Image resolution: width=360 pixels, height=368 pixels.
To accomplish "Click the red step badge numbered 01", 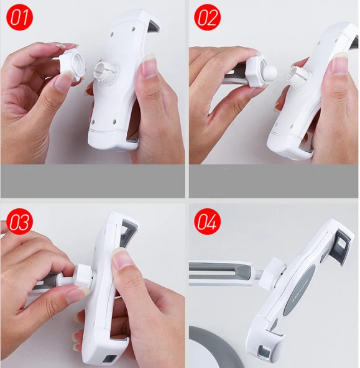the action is pyautogui.click(x=19, y=17).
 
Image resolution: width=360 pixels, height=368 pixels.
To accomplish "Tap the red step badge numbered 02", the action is pyautogui.click(x=207, y=17).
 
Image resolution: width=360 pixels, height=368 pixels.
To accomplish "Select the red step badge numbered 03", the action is pyautogui.click(x=19, y=221).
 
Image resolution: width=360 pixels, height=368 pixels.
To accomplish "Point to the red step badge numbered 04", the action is pyautogui.click(x=207, y=221).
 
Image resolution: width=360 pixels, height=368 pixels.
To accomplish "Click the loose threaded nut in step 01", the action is pyautogui.click(x=72, y=65).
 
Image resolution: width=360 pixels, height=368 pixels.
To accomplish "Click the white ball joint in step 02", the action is pyautogui.click(x=269, y=72).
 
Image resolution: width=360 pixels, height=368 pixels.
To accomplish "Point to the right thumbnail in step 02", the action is pyautogui.click(x=340, y=63).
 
